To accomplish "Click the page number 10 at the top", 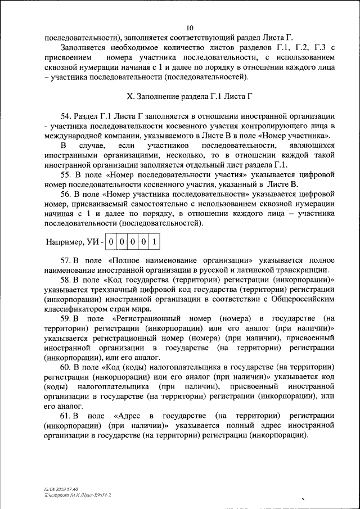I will [x=190, y=28].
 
